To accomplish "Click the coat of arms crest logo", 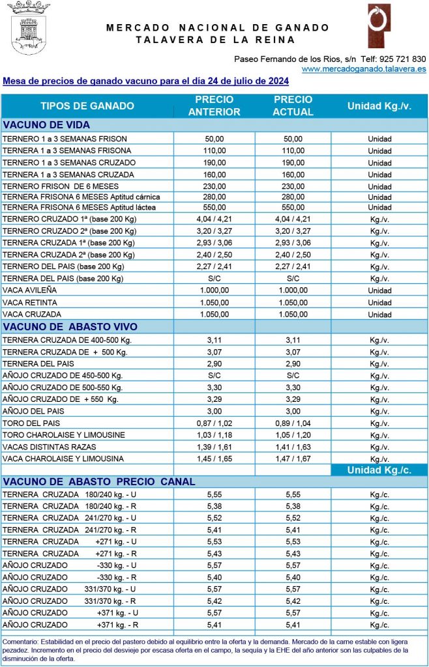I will (x=28, y=30).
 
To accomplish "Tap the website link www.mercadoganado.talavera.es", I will (x=364, y=68).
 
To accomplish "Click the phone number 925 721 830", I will (x=403, y=59).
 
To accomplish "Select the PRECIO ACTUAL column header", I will (x=293, y=106).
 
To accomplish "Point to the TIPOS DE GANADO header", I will (x=87, y=106).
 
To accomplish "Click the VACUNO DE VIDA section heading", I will (x=46, y=125).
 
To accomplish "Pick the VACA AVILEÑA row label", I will (x=30, y=291).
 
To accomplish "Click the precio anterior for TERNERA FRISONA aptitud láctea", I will (x=214, y=207).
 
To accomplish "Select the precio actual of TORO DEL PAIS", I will (x=293, y=423).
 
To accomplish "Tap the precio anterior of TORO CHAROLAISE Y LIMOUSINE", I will (x=214, y=435).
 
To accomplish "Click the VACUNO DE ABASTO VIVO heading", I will (x=70, y=327).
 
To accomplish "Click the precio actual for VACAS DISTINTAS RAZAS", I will (x=293, y=447).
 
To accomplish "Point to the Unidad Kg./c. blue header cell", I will (x=379, y=470).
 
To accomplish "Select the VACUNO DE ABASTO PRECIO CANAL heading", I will (x=99, y=482).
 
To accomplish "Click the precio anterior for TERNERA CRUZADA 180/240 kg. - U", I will (x=214, y=495).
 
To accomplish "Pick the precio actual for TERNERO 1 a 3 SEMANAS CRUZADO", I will (x=293, y=162).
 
